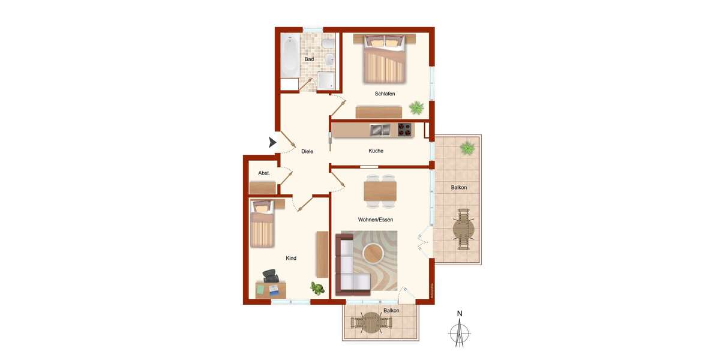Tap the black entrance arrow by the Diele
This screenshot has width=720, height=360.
[x=272, y=143]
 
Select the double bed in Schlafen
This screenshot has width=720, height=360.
[x=384, y=59]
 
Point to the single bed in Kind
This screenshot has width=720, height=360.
[x=262, y=225]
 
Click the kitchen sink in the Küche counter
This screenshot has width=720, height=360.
[x=380, y=129]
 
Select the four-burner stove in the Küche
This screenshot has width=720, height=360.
[x=405, y=129]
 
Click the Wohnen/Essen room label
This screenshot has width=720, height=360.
[x=376, y=220]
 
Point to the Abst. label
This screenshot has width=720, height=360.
[x=264, y=173]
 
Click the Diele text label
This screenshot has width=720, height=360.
[x=307, y=151]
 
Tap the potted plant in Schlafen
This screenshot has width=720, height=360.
[x=416, y=108]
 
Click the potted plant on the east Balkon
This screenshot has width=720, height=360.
[x=466, y=147]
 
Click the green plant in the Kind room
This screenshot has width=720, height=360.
[x=317, y=288]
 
